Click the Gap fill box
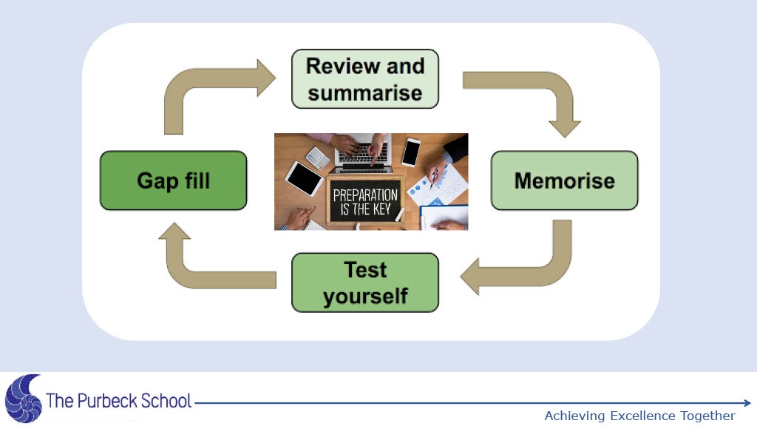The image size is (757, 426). coord(173,180)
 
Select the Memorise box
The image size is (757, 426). coord(564,180)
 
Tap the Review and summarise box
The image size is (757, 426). coord(364,78)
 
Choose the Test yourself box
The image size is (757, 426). coord(364,283)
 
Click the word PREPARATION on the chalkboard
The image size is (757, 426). coord(365,196)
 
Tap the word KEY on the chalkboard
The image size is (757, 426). coord(384,209)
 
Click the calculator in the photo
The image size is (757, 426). coord(318,158)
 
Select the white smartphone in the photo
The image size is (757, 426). coord(411,152)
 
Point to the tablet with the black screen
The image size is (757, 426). coord(304,178)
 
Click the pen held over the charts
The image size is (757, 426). coord(434,177)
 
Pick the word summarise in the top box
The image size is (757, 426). coord(364,93)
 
